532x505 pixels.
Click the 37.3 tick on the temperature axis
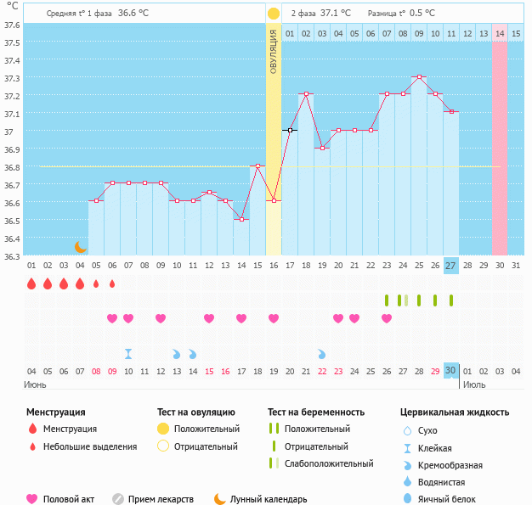(12, 78)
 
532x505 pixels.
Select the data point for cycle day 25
(418, 76)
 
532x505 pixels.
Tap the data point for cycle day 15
(258, 166)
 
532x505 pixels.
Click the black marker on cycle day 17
(290, 130)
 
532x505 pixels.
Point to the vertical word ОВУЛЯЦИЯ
(274, 51)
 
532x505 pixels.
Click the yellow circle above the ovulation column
(274, 14)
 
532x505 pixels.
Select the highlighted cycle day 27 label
(450, 266)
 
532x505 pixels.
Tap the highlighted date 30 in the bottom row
(450, 370)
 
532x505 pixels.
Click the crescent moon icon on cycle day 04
(80, 246)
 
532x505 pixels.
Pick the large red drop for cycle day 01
(31, 283)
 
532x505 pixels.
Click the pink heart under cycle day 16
(274, 318)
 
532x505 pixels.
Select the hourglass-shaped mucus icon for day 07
(128, 353)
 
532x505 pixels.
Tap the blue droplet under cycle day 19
(322, 353)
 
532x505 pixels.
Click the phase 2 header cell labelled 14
(500, 33)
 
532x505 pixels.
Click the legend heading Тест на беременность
(316, 412)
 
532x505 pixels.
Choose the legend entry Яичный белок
(453, 499)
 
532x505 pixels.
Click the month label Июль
(475, 384)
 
